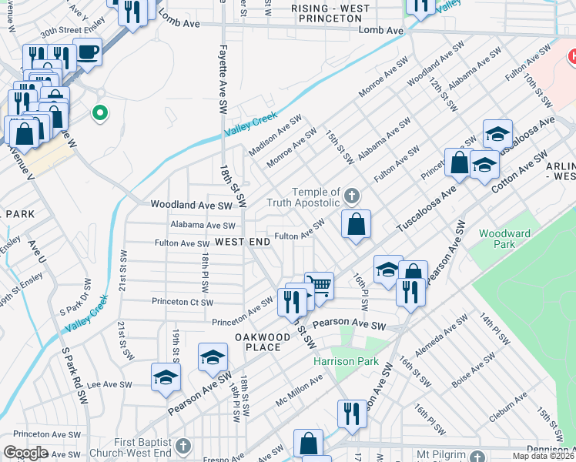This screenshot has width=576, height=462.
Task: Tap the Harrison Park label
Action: click(335, 361)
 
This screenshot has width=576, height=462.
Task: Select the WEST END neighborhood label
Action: click(243, 242)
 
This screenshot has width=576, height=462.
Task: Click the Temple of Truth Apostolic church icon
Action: click(352, 193)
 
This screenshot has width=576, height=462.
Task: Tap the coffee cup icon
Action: click(87, 52)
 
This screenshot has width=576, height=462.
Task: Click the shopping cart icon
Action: click(319, 286)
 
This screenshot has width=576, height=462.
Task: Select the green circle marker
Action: click(99, 114)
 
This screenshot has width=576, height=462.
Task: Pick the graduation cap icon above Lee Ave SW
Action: click(166, 377)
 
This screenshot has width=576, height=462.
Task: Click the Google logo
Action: click(26, 453)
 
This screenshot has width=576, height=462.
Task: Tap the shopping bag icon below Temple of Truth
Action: click(356, 225)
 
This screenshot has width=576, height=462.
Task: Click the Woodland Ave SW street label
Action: click(191, 206)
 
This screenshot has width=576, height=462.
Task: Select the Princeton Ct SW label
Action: click(183, 302)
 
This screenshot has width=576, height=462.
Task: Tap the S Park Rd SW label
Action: click(74, 377)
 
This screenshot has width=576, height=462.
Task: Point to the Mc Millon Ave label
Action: click(300, 393)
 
